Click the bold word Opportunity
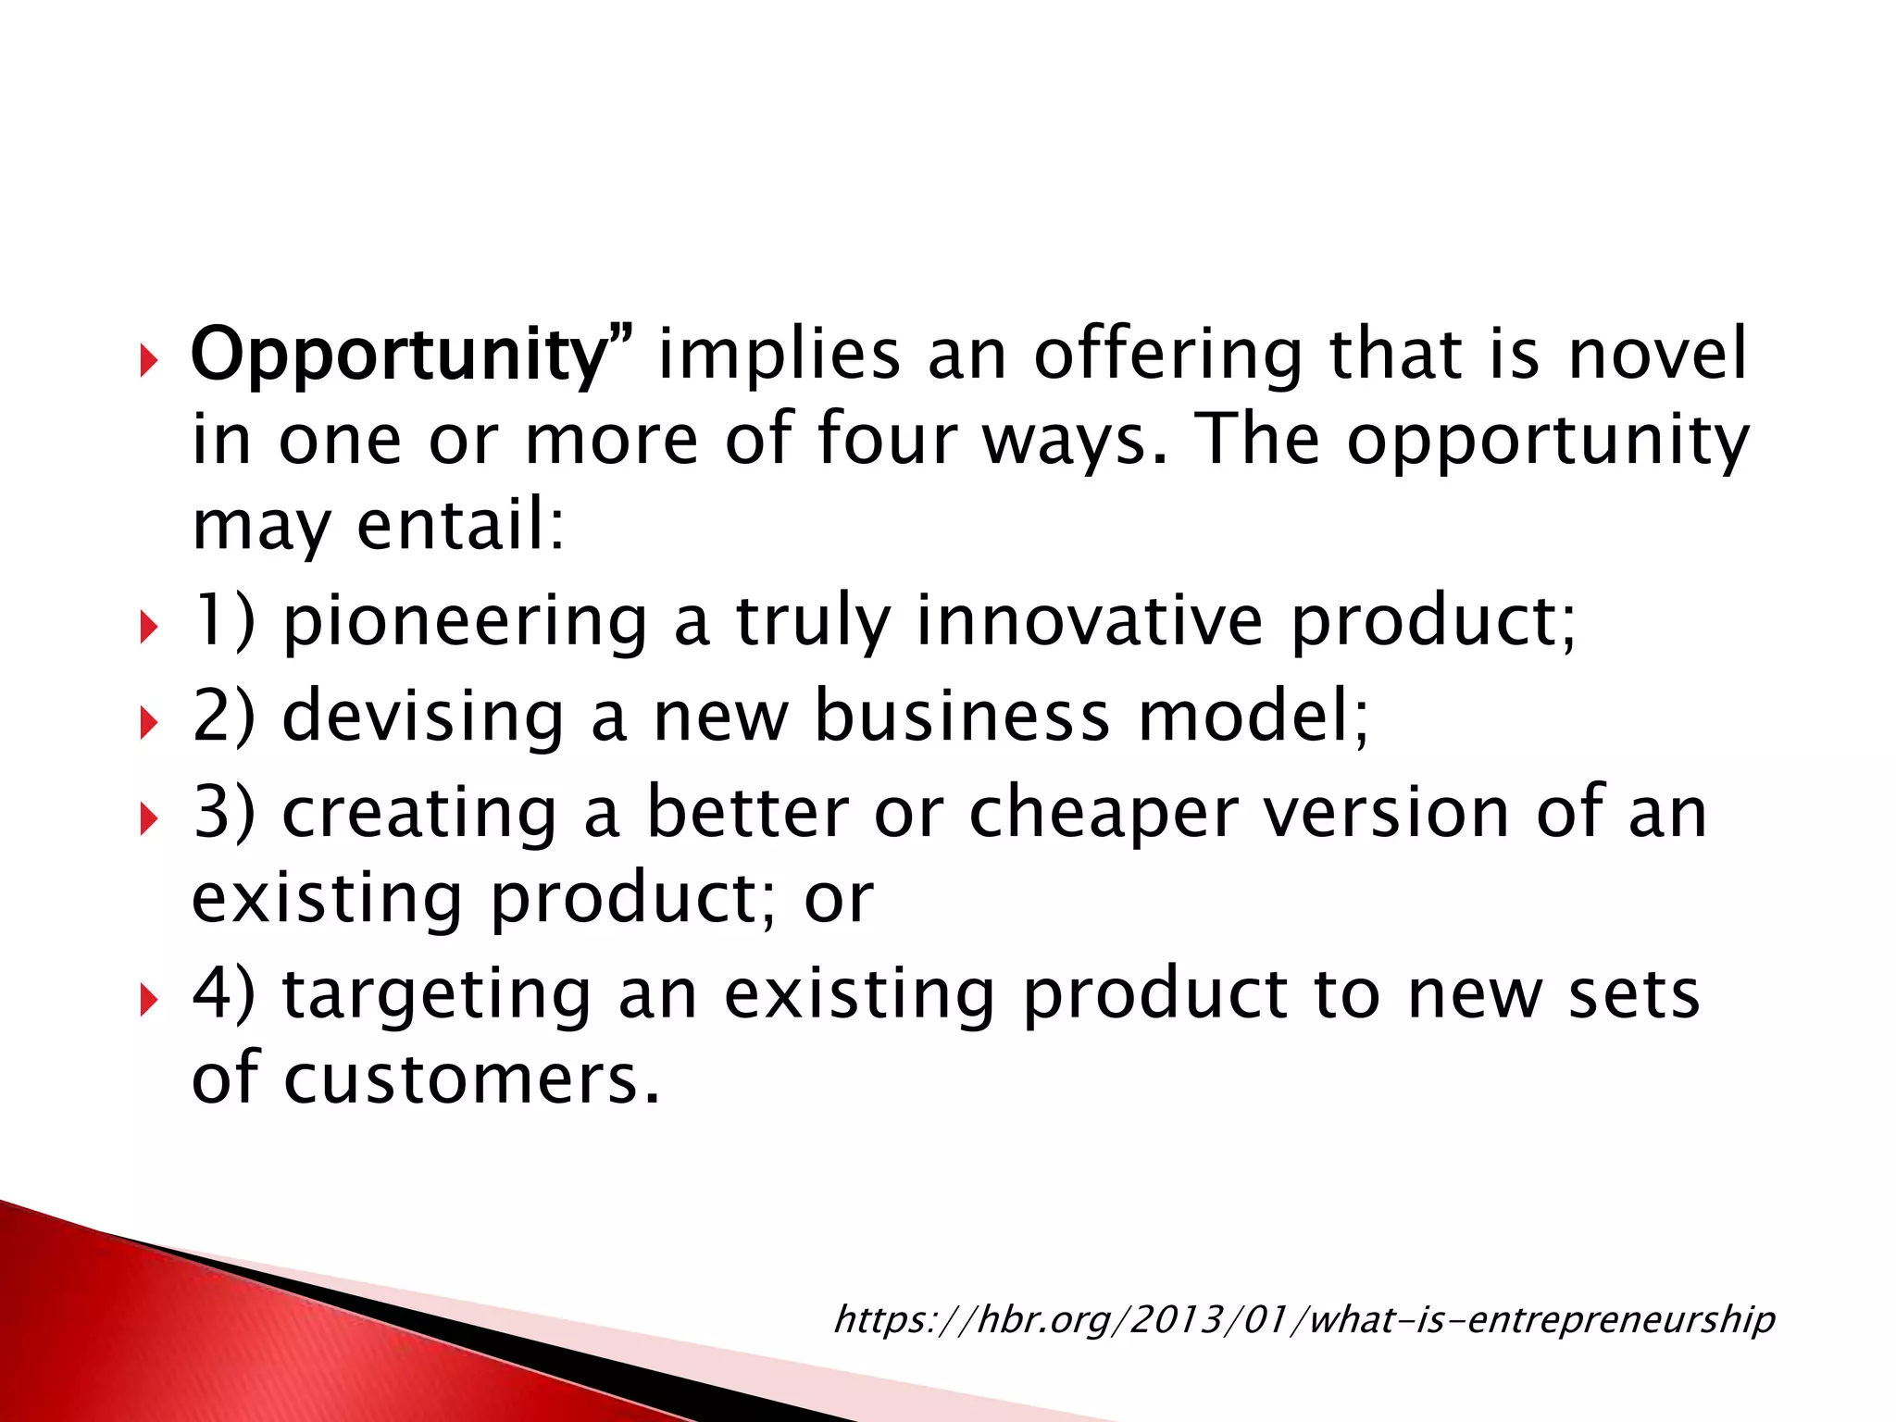coord(398,356)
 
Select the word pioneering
coord(465,622)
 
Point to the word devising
coord(422,717)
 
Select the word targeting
coord(436,996)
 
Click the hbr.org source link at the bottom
coord(1303,1319)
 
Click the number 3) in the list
coord(223,813)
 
